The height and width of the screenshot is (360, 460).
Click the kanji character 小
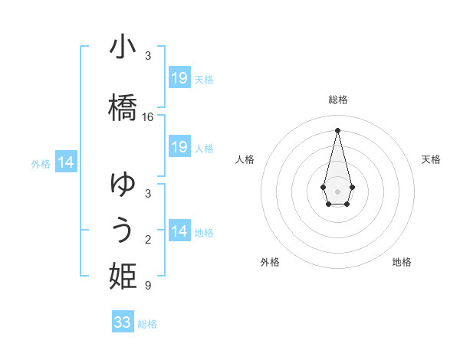[123, 48]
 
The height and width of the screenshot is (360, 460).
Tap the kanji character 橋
[123, 106]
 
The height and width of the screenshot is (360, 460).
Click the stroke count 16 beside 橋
[148, 117]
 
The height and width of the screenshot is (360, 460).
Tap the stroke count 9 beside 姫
[148, 286]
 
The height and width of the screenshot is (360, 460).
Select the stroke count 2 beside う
[148, 241]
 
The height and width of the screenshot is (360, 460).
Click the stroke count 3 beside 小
[148, 56]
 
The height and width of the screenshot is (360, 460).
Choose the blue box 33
[123, 322]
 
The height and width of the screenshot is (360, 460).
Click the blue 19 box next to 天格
[179, 78]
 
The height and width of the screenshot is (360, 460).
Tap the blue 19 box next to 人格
[179, 147]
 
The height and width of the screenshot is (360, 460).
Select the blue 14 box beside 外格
[66, 162]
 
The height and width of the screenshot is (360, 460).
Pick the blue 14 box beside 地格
[179, 231]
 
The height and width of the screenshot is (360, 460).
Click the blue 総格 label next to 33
[147, 324]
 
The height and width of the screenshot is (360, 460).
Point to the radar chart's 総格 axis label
[337, 100]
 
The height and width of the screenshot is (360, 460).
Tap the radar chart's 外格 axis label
[270, 262]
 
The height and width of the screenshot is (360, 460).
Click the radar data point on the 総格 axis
[337, 129]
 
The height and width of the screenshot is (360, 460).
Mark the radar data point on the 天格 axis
[352, 187]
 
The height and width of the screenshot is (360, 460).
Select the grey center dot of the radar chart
[337, 190]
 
